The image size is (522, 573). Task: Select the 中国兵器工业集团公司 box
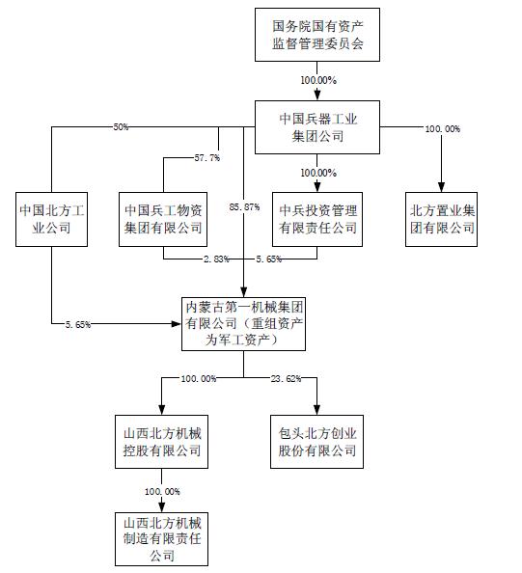coord(317,126)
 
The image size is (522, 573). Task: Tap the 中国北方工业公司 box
coord(52,219)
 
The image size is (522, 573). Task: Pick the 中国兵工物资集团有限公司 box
coord(163,219)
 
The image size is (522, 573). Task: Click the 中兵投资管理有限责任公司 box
coord(317,219)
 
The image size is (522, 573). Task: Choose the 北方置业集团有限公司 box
coord(442,219)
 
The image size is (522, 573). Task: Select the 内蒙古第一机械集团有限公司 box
coord(245,323)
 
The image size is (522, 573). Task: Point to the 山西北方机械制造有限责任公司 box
coord(162,537)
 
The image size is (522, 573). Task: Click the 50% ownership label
coord(122,127)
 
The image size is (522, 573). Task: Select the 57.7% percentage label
coord(207,156)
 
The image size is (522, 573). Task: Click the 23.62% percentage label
coord(287,379)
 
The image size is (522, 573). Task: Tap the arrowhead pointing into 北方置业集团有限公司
coord(442,187)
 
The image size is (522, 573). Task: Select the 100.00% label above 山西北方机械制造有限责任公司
coord(162,491)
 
